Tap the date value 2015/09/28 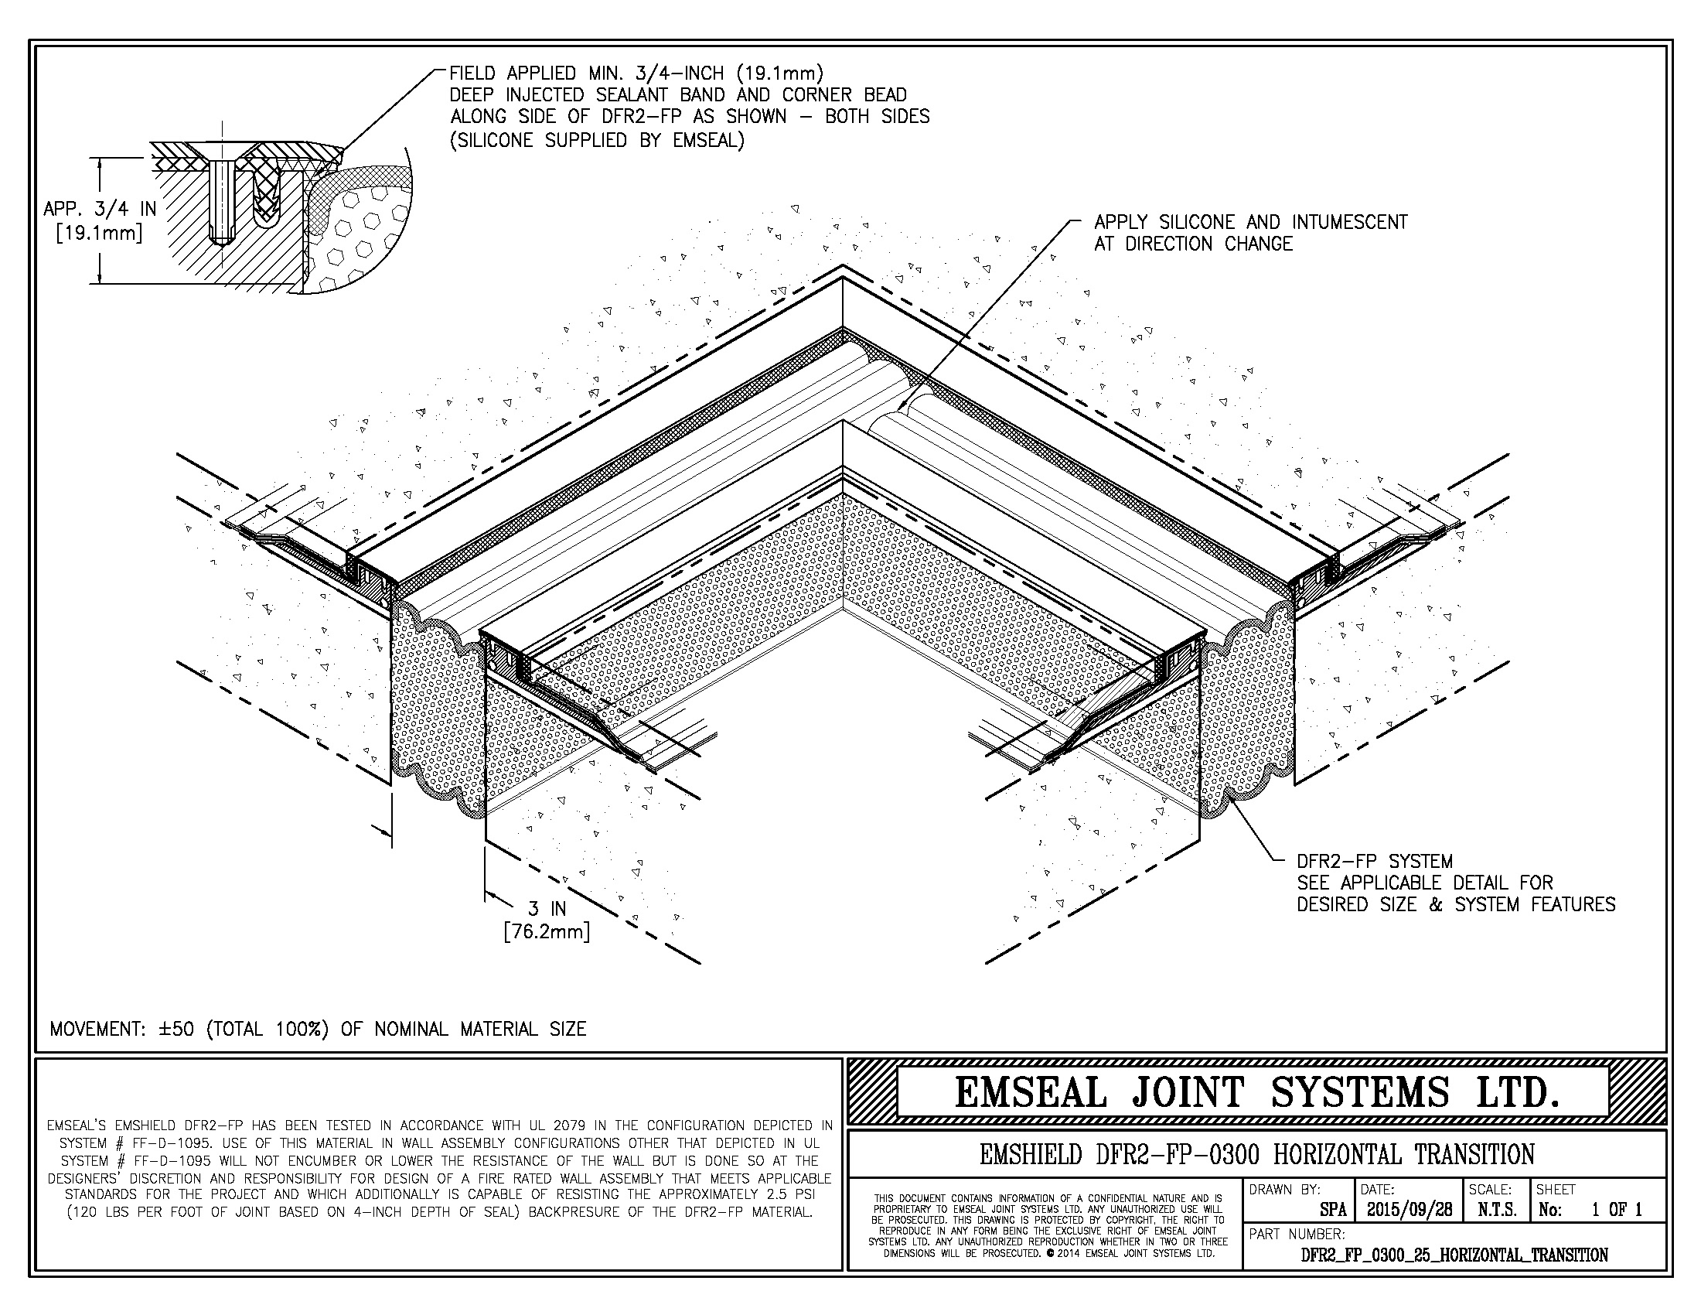(x=1409, y=1210)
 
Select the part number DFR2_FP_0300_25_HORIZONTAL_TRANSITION (x=1455, y=1254)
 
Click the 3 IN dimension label (x=547, y=909)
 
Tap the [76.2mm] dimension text (x=547, y=932)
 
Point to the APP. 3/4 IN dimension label (x=100, y=209)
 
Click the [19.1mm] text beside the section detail (x=100, y=232)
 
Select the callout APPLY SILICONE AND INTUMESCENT (x=1251, y=223)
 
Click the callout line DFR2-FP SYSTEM (x=1375, y=862)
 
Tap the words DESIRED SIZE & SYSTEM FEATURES (x=1456, y=904)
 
